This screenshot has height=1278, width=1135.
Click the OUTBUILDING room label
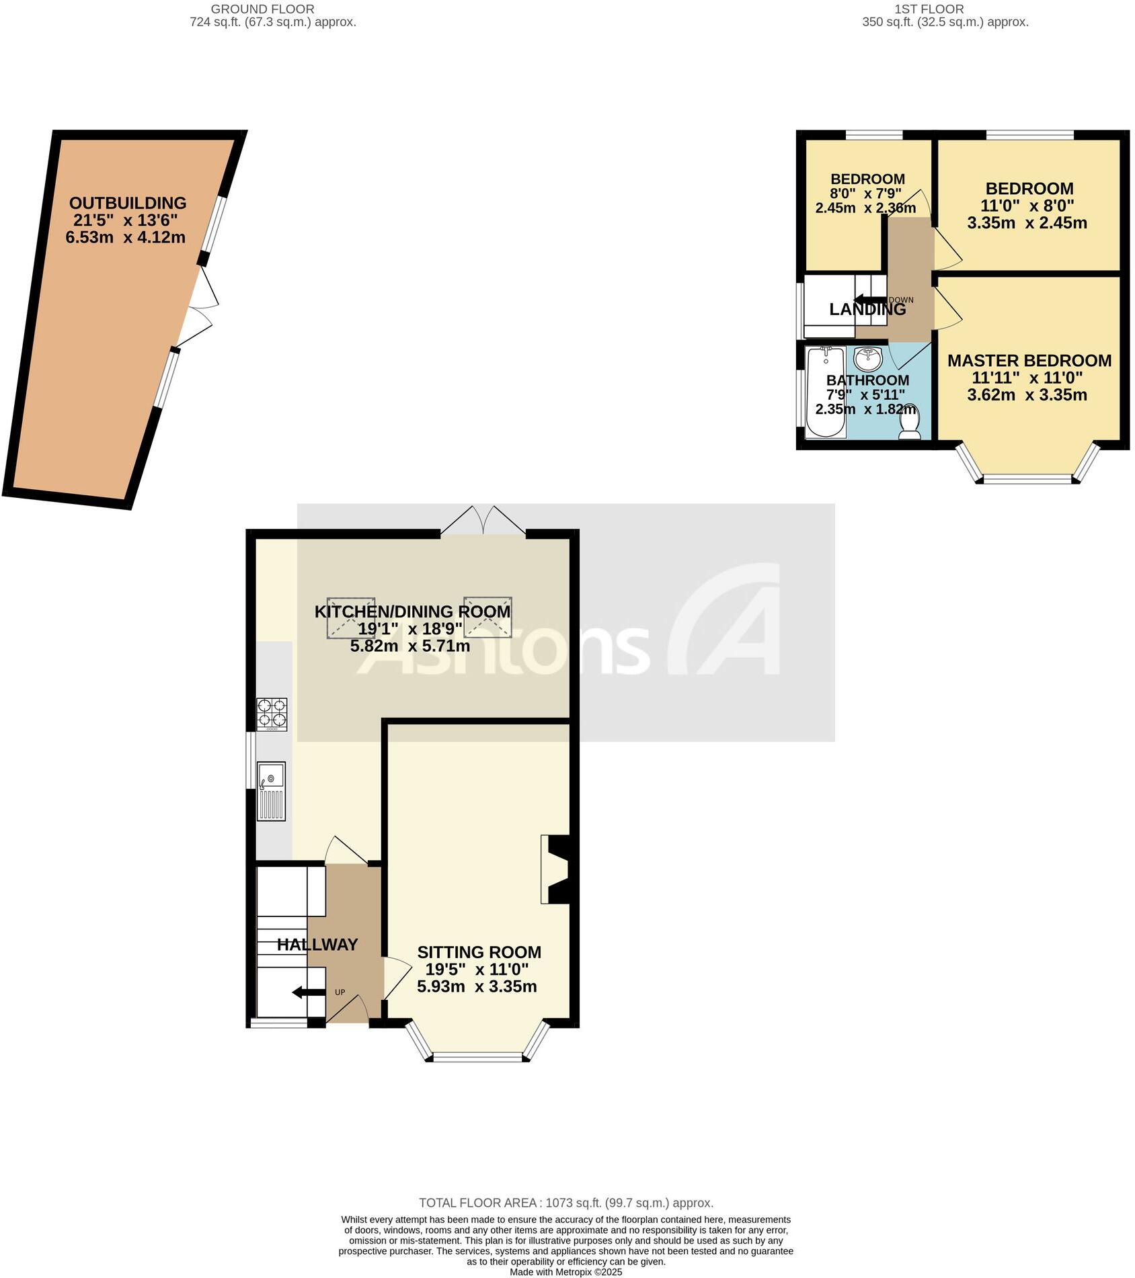point(128,203)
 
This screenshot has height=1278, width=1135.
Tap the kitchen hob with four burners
point(272,714)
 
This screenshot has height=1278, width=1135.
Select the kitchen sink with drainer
point(271,790)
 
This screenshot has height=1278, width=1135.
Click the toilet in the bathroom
point(909,423)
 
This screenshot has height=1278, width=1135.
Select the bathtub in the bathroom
point(825,392)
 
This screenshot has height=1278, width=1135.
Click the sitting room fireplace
point(557,869)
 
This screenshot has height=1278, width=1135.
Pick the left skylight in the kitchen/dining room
point(351,617)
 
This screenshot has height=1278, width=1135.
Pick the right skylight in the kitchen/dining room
point(487,617)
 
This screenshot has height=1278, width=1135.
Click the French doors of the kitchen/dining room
point(483,521)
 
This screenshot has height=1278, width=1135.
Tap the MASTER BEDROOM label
point(1029,361)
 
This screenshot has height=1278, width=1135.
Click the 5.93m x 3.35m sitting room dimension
point(477,986)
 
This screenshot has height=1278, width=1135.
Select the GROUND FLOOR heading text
point(262,9)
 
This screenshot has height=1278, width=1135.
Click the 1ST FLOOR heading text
point(929,9)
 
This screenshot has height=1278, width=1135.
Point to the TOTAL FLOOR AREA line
point(566,1203)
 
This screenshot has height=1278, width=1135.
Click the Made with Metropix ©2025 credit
point(565,1272)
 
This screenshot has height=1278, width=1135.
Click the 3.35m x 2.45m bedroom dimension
point(1027,223)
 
